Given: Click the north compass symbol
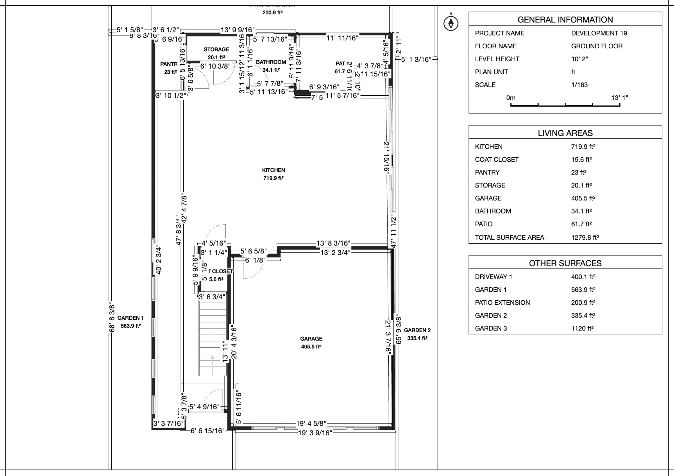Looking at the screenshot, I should (451, 23).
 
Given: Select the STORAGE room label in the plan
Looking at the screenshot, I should (216, 49).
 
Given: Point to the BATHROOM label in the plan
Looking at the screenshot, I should (271, 62).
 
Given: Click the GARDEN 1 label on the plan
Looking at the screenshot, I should (131, 318).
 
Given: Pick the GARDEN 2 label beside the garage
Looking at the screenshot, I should (417, 330).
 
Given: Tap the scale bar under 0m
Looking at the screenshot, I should (565, 105).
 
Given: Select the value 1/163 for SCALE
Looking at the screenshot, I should (579, 85).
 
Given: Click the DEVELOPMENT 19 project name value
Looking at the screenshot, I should (599, 33).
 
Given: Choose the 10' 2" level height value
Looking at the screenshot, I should (579, 59).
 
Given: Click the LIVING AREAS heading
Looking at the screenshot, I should (565, 133).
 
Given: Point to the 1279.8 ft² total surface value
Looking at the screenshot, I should (585, 238).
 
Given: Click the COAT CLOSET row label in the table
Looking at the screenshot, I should (496, 160).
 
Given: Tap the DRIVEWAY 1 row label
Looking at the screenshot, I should (493, 277).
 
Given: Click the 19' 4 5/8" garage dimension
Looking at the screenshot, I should (311, 423).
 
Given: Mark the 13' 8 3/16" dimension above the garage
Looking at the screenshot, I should (333, 243).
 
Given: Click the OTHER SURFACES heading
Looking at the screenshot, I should (565, 263).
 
